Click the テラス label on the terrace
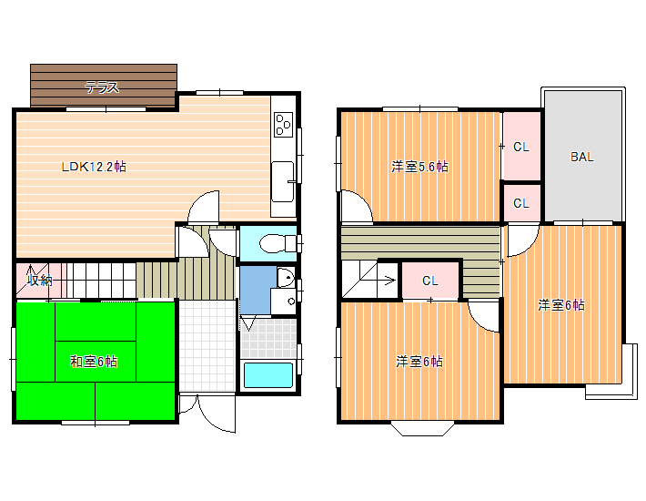(x=102, y=87)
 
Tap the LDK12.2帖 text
(x=94, y=167)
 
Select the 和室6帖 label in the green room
(x=94, y=362)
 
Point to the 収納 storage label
(x=39, y=281)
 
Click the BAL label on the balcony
(x=581, y=157)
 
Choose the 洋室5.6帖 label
(x=419, y=167)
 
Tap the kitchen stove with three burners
(x=284, y=125)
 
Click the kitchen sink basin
(x=283, y=181)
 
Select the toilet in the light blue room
(x=278, y=243)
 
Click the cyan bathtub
(x=268, y=374)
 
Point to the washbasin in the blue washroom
(x=286, y=277)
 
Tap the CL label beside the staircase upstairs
(x=430, y=281)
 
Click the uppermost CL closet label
(x=521, y=147)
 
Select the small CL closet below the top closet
(x=521, y=203)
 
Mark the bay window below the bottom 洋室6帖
(x=422, y=428)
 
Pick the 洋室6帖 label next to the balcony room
(x=561, y=305)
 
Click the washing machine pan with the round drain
(x=284, y=301)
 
